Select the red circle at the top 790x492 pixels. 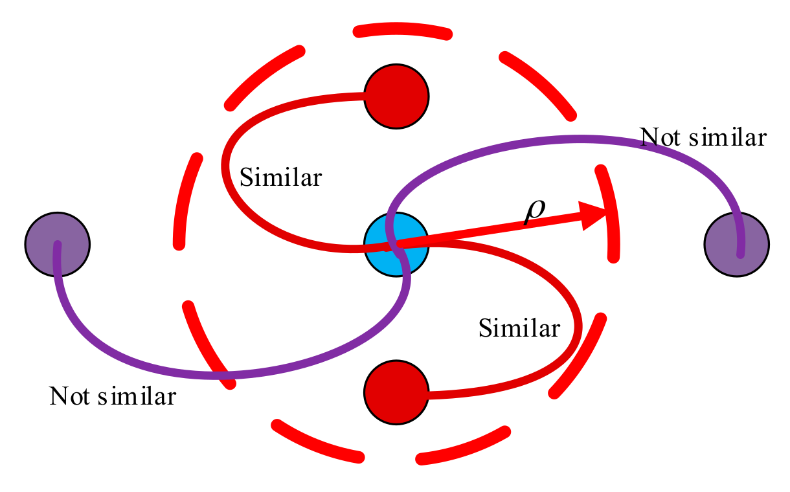pos(396,96)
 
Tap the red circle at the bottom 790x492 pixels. pos(396,392)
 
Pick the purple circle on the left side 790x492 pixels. pos(57,245)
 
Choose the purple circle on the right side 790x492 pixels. pos(736,245)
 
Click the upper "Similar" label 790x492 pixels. pos(280,177)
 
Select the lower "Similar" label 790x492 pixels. pos(519,328)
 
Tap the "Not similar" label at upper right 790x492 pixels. pos(703,138)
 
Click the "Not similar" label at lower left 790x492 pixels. pos(112,396)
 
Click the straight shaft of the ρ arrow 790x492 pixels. pos(492,230)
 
